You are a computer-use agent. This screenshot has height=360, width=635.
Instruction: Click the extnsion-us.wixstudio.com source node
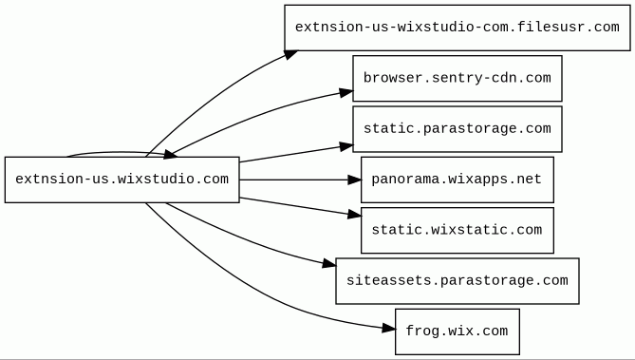(121, 180)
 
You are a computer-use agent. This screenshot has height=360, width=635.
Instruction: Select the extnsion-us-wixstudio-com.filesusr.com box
(458, 28)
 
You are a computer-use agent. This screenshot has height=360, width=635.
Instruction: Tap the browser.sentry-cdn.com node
(458, 78)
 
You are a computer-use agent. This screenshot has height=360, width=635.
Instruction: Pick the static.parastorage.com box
(458, 129)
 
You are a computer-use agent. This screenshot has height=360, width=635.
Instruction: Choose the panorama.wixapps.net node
(458, 180)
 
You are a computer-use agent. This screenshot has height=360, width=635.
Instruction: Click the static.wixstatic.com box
(458, 230)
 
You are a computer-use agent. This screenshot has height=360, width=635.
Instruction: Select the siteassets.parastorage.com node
(458, 280)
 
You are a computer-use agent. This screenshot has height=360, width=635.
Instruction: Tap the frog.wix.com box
(458, 332)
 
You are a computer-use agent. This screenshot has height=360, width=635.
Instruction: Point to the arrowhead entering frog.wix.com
(389, 328)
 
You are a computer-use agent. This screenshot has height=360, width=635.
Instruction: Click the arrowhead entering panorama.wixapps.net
(354, 180)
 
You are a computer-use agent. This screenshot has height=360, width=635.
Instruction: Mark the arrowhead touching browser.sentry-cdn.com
(346, 93)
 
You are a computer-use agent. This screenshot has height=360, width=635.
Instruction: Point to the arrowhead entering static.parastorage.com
(346, 146)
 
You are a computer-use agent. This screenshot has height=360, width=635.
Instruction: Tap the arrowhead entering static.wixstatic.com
(354, 215)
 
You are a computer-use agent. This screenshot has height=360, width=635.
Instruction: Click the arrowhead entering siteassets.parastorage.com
(329, 264)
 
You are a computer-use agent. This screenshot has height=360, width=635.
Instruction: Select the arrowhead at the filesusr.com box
(290, 55)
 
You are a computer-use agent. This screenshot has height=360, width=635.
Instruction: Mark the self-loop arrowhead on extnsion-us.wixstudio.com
(170, 154)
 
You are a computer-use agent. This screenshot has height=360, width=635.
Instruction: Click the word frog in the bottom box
(422, 331)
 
